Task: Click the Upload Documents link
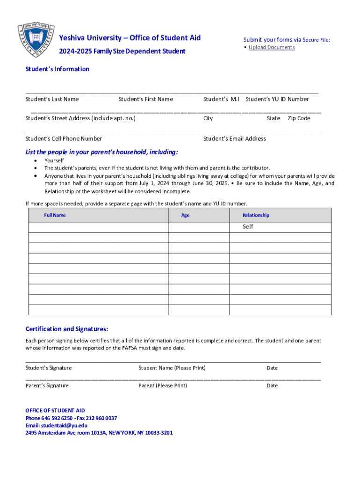[x=272, y=47]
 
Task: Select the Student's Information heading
[x=57, y=69]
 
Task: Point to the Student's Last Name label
[x=52, y=99]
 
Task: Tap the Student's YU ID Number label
[x=277, y=99]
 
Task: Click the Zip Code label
[x=299, y=118]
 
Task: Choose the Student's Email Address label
[x=234, y=138]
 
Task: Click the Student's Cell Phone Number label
[x=64, y=138]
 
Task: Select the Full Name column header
[x=55, y=215]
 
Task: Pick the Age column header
[x=186, y=215]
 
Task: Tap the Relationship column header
[x=256, y=215]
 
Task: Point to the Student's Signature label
[x=49, y=368]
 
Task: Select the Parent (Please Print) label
[x=163, y=386]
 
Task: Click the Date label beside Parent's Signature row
[x=272, y=386]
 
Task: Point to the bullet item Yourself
[x=54, y=160]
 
